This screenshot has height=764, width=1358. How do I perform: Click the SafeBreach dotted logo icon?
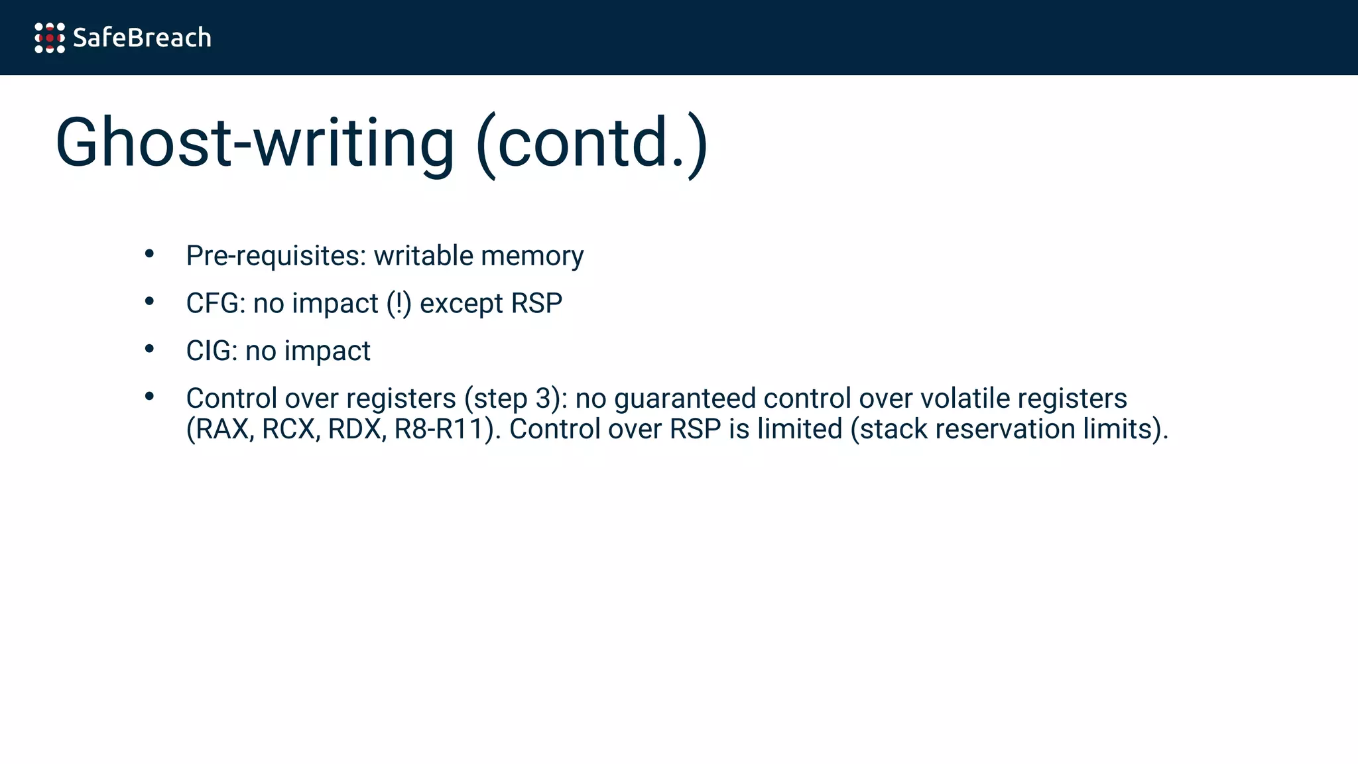[x=50, y=38]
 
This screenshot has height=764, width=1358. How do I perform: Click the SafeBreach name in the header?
[x=142, y=38]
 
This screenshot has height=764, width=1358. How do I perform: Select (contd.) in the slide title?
[x=592, y=143]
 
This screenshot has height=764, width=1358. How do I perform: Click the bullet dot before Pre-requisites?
[x=149, y=254]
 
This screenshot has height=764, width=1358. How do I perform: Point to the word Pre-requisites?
[x=276, y=256]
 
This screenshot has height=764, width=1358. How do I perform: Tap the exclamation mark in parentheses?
[x=399, y=304]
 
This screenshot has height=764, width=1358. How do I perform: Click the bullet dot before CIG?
[x=149, y=349]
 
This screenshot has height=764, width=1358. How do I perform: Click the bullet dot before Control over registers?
[x=149, y=397]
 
